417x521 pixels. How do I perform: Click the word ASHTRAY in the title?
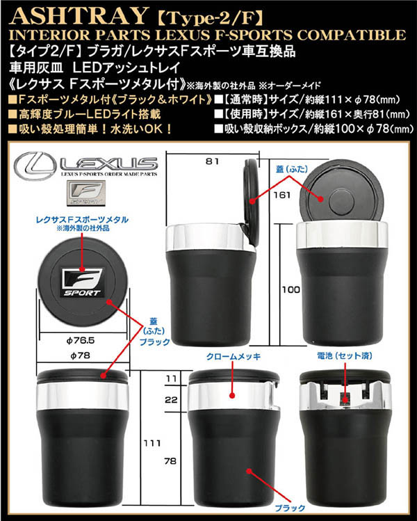point(79,15)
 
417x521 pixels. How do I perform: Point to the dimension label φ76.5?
point(81,341)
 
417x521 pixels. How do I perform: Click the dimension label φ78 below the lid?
point(80,355)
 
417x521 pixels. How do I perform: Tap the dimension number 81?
point(212,161)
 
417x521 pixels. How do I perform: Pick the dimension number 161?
point(282,195)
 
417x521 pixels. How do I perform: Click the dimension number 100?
point(291,290)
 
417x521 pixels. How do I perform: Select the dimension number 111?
point(152,443)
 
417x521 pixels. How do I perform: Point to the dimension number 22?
point(171,399)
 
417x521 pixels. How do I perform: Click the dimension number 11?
point(171,378)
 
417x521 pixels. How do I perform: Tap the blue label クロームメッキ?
point(234,357)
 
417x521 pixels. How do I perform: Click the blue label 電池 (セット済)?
point(344,356)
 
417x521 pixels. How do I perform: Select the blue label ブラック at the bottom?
point(290,508)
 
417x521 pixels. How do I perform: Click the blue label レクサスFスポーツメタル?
point(82,220)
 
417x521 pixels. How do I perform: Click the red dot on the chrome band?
point(232,395)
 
